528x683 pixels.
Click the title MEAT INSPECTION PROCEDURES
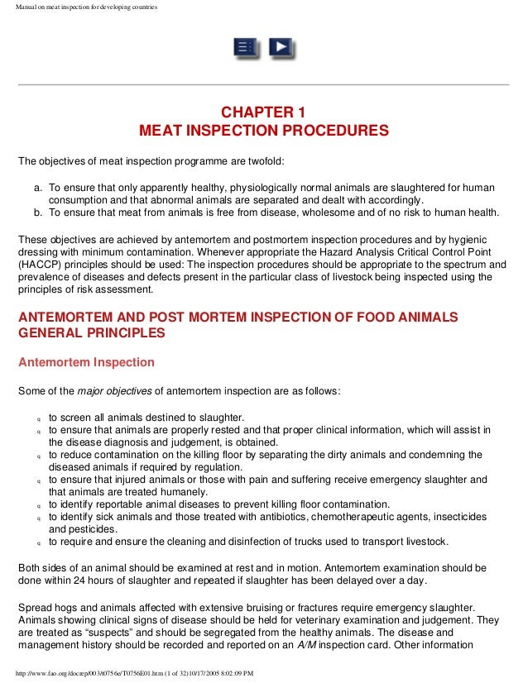tap(263, 131)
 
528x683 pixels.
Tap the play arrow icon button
tap(281, 47)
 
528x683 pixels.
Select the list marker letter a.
tap(38, 188)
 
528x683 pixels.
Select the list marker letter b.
tap(38, 212)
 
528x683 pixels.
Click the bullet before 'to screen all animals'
tap(38, 418)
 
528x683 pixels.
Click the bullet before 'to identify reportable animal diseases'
tap(38, 505)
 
